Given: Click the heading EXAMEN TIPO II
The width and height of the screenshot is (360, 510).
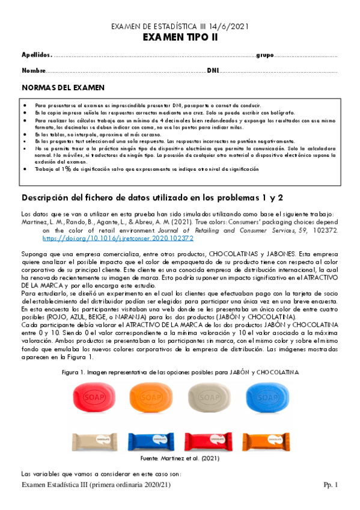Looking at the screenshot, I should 180,38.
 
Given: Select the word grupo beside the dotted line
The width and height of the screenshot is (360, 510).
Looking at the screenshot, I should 266,55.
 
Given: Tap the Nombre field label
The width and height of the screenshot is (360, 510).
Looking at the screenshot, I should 34,71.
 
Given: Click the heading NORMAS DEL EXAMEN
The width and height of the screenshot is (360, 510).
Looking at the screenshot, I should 63,88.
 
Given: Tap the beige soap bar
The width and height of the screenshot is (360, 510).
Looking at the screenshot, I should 208,396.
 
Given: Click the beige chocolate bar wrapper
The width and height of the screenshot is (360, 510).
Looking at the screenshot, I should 94,438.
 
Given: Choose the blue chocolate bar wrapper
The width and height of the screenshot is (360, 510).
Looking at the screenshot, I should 151,438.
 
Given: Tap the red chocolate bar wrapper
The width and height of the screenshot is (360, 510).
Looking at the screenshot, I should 209,438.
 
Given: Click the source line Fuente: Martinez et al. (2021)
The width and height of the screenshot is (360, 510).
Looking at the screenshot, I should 180,458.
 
